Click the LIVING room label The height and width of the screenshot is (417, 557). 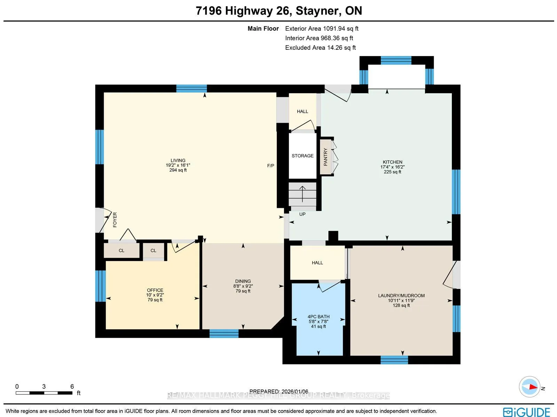pos(178,160)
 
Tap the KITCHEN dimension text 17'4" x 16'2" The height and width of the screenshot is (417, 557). pos(392,167)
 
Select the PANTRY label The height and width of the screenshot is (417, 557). pos(325,157)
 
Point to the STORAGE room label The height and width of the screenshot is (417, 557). pos(303,156)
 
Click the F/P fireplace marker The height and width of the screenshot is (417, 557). pos(270,166)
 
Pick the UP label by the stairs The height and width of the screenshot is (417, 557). pos(302,214)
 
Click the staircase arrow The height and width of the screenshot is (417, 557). pos(302,194)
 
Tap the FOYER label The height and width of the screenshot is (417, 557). pos(115,220)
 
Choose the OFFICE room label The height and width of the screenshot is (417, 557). pos(155,290)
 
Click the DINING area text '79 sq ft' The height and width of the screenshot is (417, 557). pos(243,291)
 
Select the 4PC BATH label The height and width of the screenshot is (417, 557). pos(319,316)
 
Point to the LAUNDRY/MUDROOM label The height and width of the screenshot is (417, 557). pos(401,296)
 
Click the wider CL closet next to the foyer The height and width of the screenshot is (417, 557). pos(121,251)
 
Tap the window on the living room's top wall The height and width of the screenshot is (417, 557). pos(191,88)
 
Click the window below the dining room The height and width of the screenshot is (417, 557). pos(224,333)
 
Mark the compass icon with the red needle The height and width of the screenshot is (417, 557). pos(529,387)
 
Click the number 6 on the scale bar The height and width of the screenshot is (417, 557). pos(72,386)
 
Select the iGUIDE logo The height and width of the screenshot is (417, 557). pos(526,411)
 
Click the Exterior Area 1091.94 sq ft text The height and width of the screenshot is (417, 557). pos(322,29)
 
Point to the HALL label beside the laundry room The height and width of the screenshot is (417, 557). pos(317,263)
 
